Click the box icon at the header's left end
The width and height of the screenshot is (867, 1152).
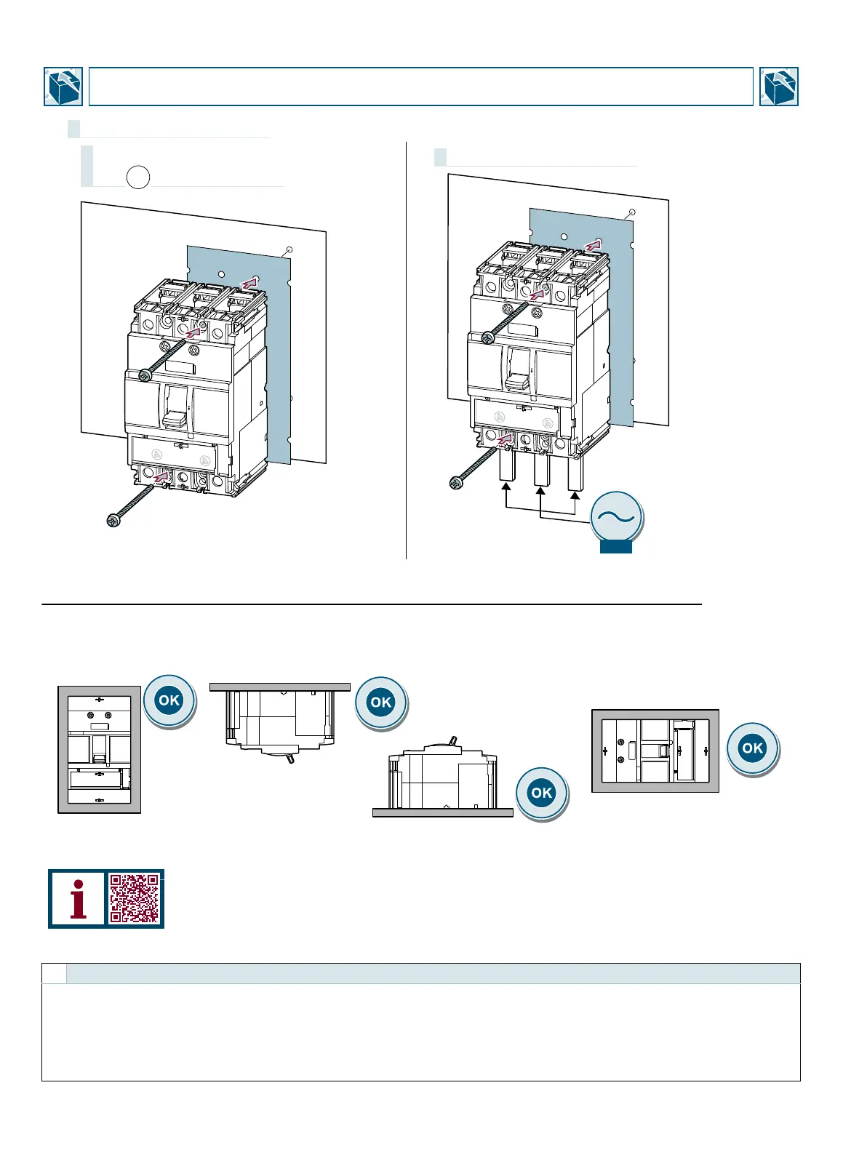(63, 87)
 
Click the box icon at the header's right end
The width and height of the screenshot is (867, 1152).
(778, 87)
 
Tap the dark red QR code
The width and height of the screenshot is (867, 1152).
(135, 898)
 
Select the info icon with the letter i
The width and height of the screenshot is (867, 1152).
(78, 898)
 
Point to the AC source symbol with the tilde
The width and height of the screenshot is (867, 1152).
(616, 517)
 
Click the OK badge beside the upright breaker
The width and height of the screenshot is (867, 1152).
(169, 700)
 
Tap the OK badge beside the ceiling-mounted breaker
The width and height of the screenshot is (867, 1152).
(381, 703)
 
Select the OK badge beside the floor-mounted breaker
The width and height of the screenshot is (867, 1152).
(542, 793)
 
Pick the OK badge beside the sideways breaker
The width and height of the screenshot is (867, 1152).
(752, 748)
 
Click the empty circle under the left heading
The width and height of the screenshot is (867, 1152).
(138, 177)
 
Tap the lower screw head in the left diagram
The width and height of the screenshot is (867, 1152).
(113, 520)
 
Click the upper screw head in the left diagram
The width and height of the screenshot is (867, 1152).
(144, 375)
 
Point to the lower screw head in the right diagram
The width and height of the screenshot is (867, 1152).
(456, 482)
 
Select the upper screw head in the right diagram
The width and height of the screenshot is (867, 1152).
(487, 337)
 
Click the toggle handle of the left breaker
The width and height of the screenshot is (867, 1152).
(175, 418)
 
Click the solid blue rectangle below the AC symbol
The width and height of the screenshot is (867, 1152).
(616, 547)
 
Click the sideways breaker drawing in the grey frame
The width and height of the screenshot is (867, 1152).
(655, 751)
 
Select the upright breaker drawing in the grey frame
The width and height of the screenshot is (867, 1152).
(100, 749)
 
